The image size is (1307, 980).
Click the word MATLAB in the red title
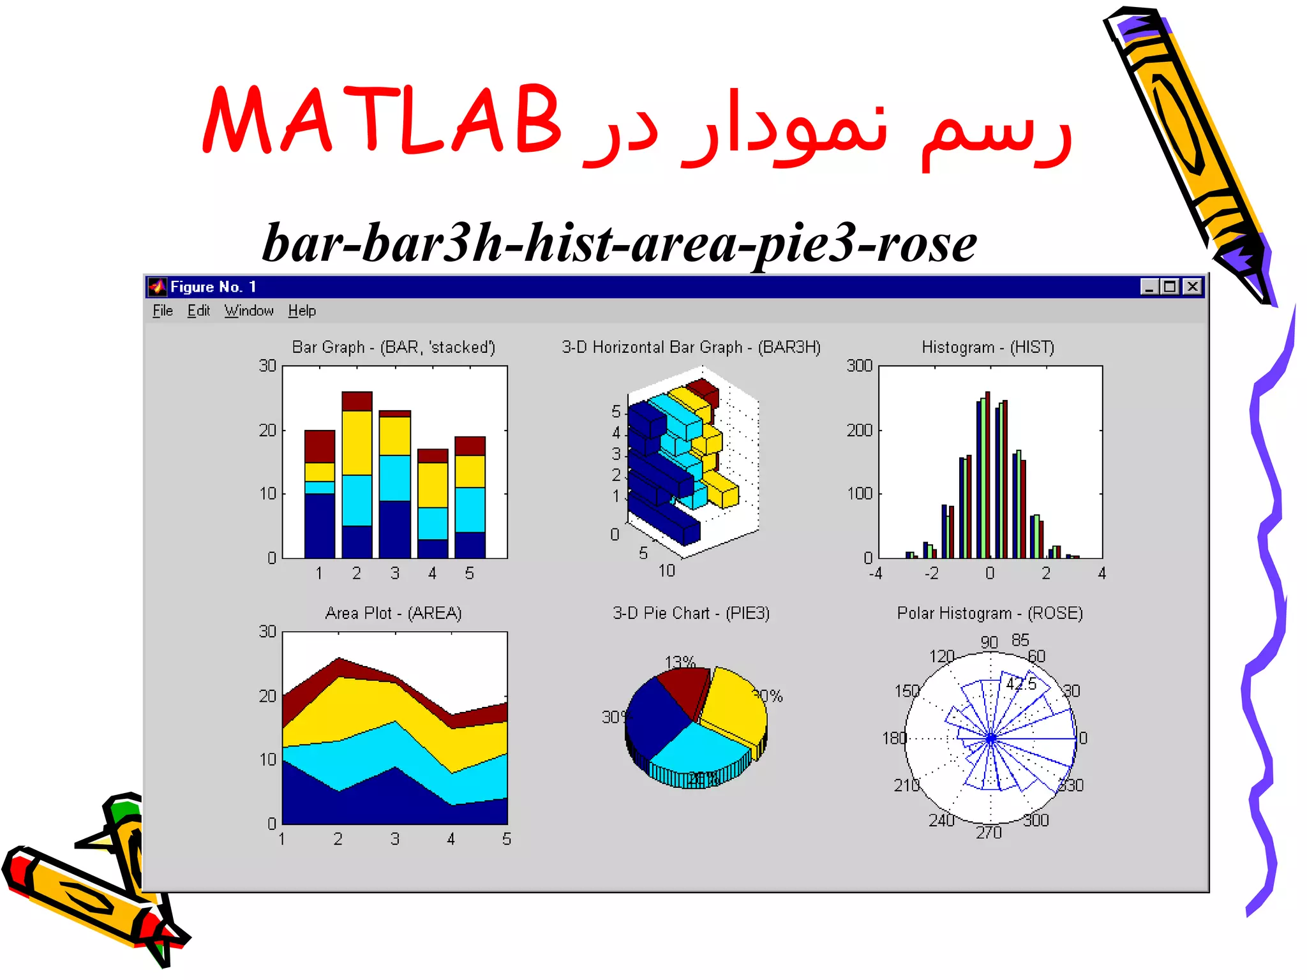tap(382, 120)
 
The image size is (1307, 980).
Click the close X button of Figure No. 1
tap(1192, 286)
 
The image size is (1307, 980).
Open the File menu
tap(163, 311)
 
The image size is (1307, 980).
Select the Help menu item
tap(302, 311)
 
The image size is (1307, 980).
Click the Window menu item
tap(249, 311)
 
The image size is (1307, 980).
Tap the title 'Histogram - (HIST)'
tap(988, 347)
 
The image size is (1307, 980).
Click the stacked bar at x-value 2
tap(357, 475)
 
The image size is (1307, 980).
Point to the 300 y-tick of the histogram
tap(859, 366)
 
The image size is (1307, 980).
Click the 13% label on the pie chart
tap(680, 662)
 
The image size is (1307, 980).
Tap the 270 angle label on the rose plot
tap(989, 833)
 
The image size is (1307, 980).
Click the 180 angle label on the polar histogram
tap(894, 738)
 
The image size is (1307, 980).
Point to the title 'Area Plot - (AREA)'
tap(393, 613)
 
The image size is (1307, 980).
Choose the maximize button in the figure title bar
tap(1170, 286)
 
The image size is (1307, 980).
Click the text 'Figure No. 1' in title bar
tap(213, 286)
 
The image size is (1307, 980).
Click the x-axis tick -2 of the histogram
tap(932, 573)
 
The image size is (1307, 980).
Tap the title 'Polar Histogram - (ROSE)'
tap(990, 613)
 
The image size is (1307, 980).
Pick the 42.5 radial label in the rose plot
tap(1022, 684)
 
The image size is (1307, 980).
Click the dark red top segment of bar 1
tap(319, 447)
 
